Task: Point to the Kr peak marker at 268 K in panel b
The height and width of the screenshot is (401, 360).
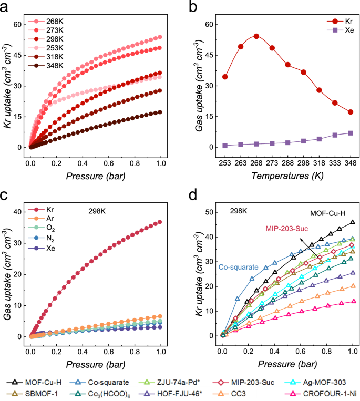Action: point(256,36)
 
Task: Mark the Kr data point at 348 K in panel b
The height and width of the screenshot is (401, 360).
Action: point(351,112)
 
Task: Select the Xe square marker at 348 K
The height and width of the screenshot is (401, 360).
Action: point(351,133)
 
